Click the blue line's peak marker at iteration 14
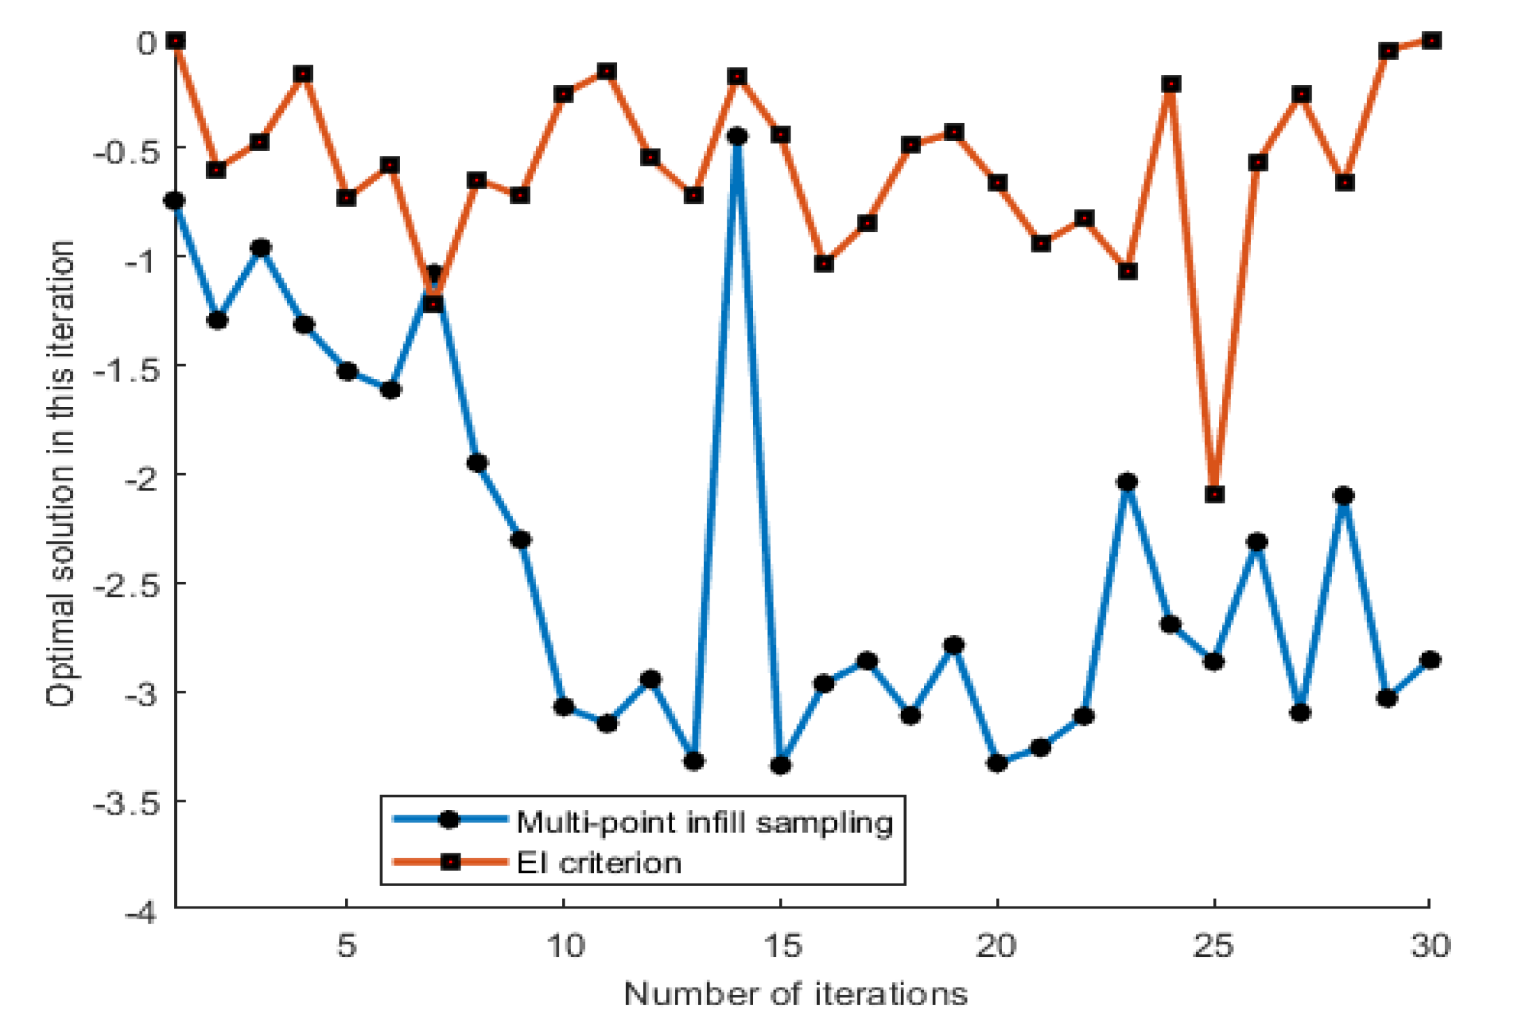pos(737,136)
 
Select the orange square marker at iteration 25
pos(1214,494)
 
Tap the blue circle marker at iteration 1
pos(175,201)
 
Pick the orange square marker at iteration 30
pos(1431,41)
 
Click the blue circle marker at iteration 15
pos(780,765)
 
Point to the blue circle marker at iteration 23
pos(1127,482)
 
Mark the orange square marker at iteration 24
pos(1171,84)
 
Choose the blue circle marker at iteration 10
pos(563,706)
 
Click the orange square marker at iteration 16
pos(824,263)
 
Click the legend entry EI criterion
pos(599,863)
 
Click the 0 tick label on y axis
pos(147,44)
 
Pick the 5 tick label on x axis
pos(347,945)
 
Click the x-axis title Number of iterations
pos(795,994)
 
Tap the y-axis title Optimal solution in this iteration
pos(61,474)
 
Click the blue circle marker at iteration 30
pos(1431,659)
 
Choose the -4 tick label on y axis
pos(141,913)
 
